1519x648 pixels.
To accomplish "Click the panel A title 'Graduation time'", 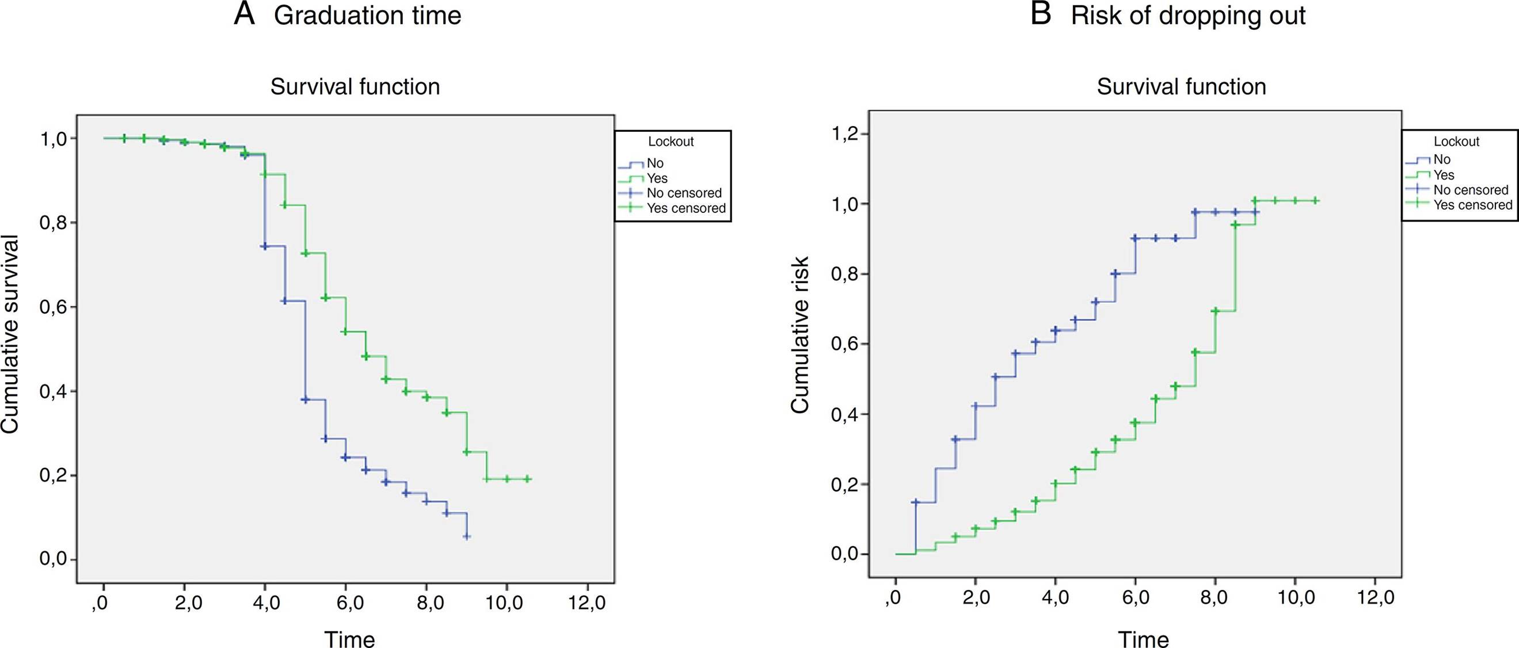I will (x=367, y=16).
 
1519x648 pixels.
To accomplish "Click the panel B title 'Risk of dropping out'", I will (x=1187, y=16).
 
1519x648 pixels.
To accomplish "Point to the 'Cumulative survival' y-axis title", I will (x=10, y=335).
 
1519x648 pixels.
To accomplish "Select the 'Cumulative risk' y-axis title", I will (x=800, y=335).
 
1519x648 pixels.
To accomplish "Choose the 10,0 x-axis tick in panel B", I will (x=1295, y=598).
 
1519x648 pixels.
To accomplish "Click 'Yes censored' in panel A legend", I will (x=686, y=208).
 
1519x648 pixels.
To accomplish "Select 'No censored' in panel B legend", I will (x=1471, y=190).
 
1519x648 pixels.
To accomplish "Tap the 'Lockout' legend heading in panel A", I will (x=671, y=142).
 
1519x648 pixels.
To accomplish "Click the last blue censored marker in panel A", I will (x=467, y=536).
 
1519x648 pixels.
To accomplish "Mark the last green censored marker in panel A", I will (x=528, y=479).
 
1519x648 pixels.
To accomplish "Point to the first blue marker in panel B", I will (x=916, y=502).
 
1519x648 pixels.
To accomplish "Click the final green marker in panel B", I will (x=1315, y=201).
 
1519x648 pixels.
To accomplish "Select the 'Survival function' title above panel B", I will (x=1181, y=87).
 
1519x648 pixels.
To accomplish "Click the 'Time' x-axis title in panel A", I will (x=350, y=639).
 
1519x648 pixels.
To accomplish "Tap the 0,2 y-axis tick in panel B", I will (x=844, y=485).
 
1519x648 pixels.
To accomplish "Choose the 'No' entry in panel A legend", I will (x=655, y=163).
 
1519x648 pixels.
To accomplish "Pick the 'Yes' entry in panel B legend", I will (x=1444, y=175).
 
